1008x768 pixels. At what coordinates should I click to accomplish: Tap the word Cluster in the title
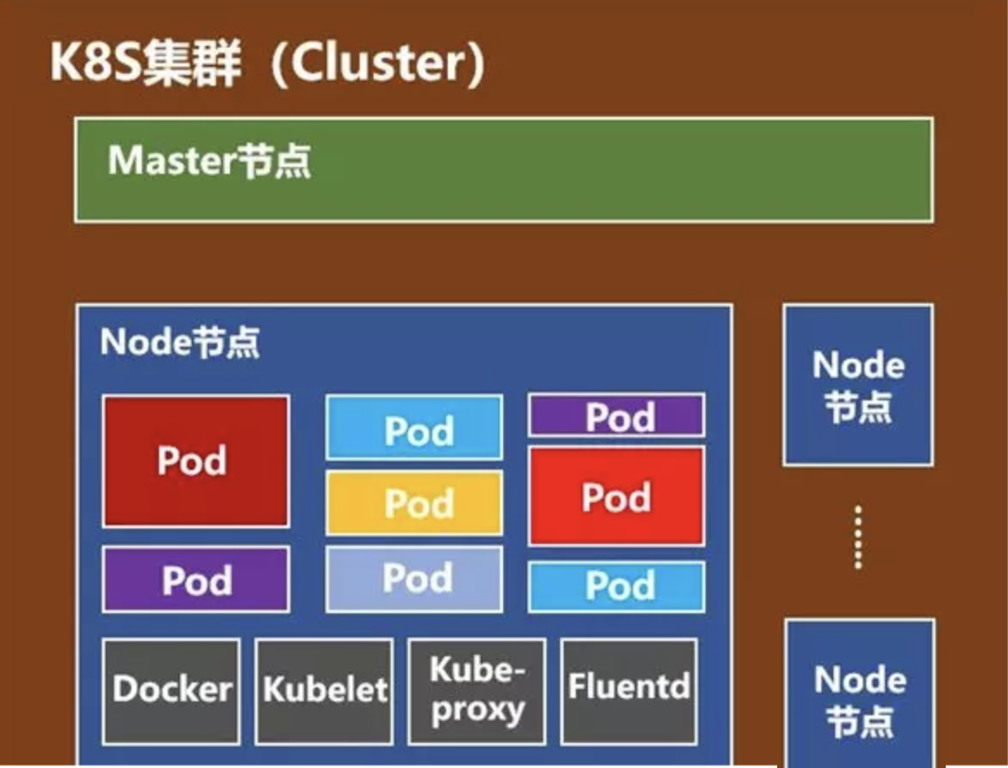pyautogui.click(x=377, y=64)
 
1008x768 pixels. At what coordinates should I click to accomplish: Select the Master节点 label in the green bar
pyautogui.click(x=209, y=162)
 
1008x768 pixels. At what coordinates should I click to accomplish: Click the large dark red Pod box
pyautogui.click(x=195, y=461)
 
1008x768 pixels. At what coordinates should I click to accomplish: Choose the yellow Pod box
pyautogui.click(x=414, y=502)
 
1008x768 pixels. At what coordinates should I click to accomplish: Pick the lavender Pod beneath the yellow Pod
pyautogui.click(x=414, y=579)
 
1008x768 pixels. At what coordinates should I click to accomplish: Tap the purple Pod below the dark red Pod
pyautogui.click(x=196, y=579)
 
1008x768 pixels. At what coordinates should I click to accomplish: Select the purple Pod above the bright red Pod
pyautogui.click(x=616, y=416)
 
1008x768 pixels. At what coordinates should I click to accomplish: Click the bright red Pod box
pyautogui.click(x=616, y=496)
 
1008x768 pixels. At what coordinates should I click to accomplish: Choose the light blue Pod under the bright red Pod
pyautogui.click(x=616, y=586)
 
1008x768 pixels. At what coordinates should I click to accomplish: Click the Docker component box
pyautogui.click(x=171, y=690)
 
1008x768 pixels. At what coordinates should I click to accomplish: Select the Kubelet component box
pyautogui.click(x=324, y=690)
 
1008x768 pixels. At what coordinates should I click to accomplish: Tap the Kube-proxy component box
pyautogui.click(x=476, y=690)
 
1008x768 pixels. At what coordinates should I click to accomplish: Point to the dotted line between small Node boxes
pyautogui.click(x=858, y=538)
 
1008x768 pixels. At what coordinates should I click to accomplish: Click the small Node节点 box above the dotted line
pyautogui.click(x=858, y=385)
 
